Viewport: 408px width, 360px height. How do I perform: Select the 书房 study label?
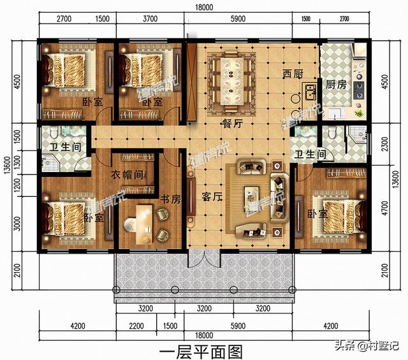click(x=171, y=199)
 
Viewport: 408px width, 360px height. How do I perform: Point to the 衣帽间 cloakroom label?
click(x=126, y=175)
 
